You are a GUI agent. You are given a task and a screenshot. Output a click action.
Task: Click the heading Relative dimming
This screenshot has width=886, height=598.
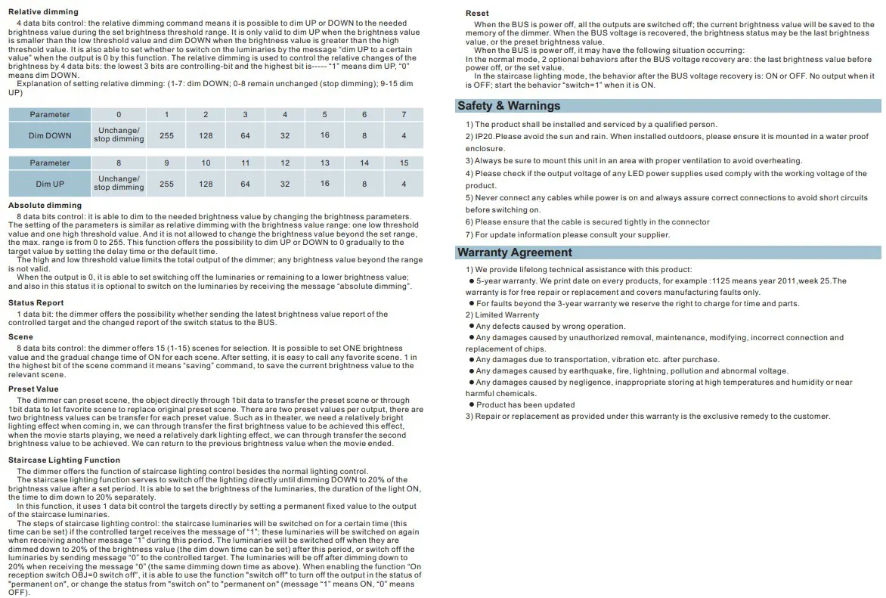pyautogui.click(x=43, y=12)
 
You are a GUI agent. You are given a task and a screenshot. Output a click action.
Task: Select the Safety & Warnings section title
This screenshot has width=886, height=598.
pyautogui.click(x=509, y=106)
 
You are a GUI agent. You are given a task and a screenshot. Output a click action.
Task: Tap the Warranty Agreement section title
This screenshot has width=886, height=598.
pyautogui.click(x=515, y=253)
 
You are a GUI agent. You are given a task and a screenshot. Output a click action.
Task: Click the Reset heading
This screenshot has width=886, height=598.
pyautogui.click(x=477, y=14)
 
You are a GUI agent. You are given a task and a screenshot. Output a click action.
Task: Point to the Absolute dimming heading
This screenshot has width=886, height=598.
pyautogui.click(x=45, y=205)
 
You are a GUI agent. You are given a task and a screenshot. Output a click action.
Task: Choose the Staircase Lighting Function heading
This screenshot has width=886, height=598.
pyautogui.click(x=64, y=460)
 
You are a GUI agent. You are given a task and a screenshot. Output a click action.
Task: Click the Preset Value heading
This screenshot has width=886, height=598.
pyautogui.click(x=33, y=389)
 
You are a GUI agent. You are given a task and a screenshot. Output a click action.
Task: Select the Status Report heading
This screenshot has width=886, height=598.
pyautogui.click(x=36, y=303)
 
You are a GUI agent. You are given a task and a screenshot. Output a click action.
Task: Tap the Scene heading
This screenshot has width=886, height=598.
pyautogui.click(x=21, y=337)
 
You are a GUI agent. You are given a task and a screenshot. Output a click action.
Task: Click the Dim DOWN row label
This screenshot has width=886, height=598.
pyautogui.click(x=50, y=135)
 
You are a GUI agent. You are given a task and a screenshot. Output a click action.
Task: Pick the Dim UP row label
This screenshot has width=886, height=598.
pyautogui.click(x=50, y=184)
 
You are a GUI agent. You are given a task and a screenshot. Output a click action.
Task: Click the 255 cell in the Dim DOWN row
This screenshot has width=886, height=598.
pyautogui.click(x=166, y=135)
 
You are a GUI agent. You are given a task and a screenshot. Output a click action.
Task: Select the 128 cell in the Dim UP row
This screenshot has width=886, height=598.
pyautogui.click(x=206, y=184)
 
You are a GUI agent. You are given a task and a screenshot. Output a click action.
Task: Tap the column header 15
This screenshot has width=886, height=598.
pyautogui.click(x=404, y=163)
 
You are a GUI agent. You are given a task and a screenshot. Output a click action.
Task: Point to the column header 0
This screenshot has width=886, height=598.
pyautogui.click(x=119, y=115)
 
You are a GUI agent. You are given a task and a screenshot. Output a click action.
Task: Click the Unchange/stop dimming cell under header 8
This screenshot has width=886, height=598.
pyautogui.click(x=119, y=184)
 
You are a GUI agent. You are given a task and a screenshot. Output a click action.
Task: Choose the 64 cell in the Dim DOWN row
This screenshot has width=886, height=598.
pyautogui.click(x=245, y=135)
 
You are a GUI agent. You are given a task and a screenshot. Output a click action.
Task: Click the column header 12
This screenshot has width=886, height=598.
pyautogui.click(x=285, y=163)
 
